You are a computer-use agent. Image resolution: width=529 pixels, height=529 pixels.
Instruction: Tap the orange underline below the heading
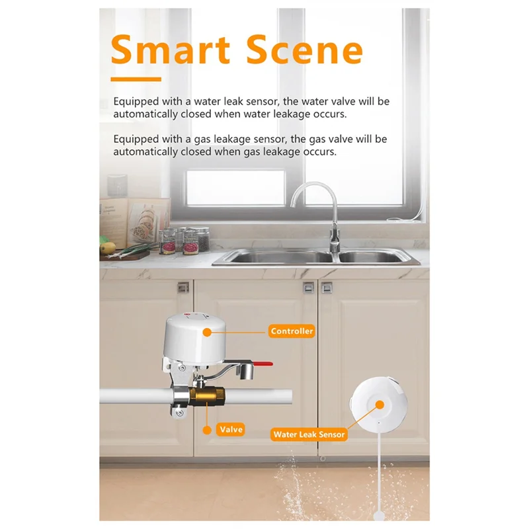click(136, 79)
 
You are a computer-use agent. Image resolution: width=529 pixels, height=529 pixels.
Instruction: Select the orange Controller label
click(292, 331)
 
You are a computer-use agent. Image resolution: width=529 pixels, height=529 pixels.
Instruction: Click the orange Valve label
click(231, 429)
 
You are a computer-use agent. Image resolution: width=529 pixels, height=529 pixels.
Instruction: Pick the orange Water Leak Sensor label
click(308, 434)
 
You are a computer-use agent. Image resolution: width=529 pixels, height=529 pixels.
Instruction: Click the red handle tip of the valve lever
click(264, 364)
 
